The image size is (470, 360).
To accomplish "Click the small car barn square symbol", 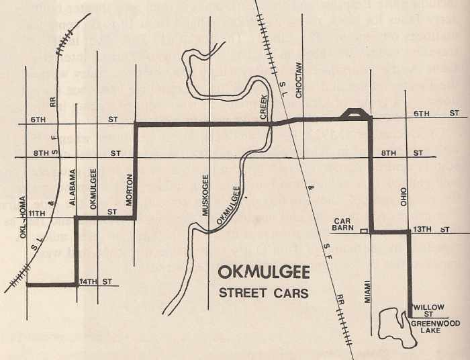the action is pyautogui.click(x=364, y=231).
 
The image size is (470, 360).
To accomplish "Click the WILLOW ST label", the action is pyautogui.click(x=428, y=310).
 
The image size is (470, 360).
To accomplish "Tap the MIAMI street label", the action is pyautogui.click(x=368, y=290).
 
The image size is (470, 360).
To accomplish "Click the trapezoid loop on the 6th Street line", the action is pyautogui.click(x=353, y=114).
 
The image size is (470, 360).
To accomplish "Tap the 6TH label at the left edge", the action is pyautogui.click(x=38, y=119).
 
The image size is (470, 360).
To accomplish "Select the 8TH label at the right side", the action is pyautogui.click(x=389, y=153).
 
